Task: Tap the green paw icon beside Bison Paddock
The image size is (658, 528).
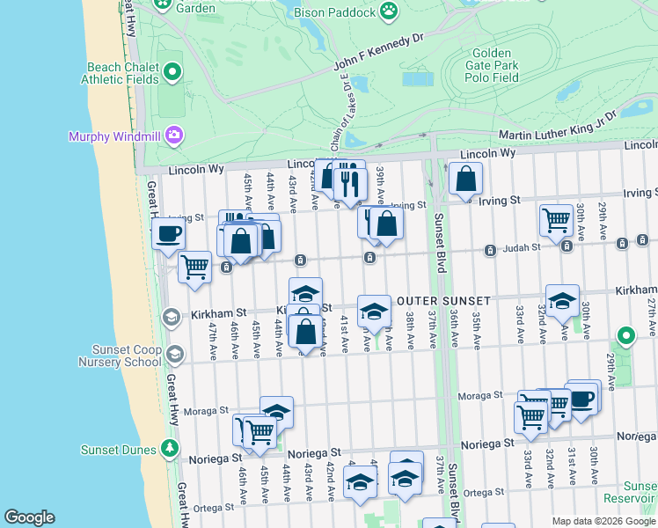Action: [x=389, y=11]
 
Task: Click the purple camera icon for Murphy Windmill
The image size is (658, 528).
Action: [x=175, y=135]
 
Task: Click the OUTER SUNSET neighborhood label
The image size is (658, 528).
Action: [x=442, y=301]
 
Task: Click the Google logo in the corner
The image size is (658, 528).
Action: [x=29, y=517]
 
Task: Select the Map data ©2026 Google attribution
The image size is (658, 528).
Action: [x=603, y=521]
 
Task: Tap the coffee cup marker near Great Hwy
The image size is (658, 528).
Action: [x=168, y=234]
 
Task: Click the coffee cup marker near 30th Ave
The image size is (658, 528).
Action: [x=582, y=397]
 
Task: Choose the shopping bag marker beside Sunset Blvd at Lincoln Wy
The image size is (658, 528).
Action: [x=465, y=179]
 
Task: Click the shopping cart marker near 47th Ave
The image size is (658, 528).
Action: [x=194, y=267]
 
